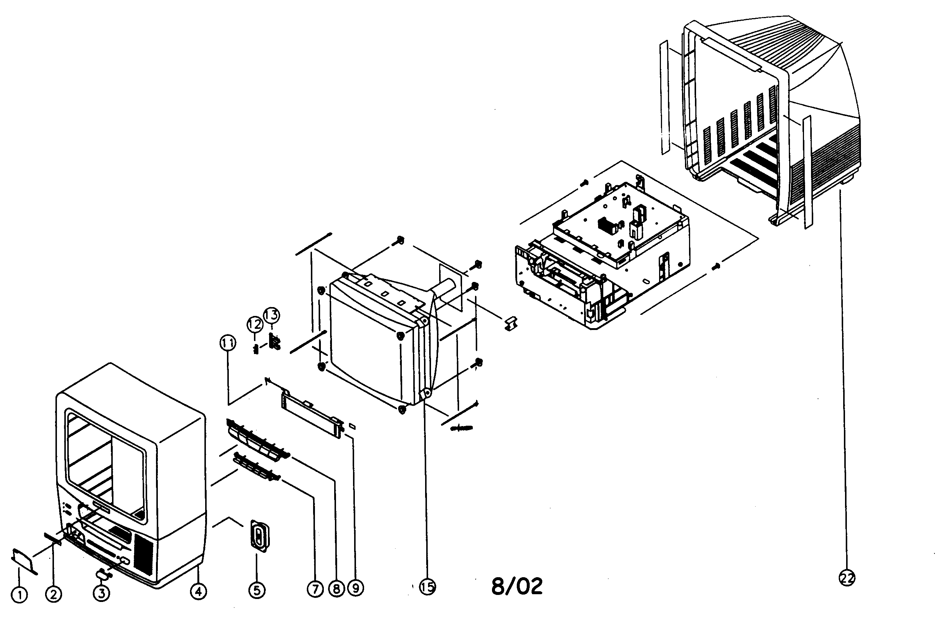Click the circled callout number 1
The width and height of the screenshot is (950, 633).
(18, 595)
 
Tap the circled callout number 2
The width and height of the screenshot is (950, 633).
(53, 594)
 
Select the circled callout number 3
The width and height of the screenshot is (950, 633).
(101, 593)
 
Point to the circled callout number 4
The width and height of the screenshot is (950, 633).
(198, 591)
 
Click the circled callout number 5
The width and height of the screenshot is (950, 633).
(257, 591)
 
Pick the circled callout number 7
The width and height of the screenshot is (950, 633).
(315, 589)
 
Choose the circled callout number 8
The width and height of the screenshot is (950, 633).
(336, 589)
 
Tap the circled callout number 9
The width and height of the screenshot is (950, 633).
(356, 588)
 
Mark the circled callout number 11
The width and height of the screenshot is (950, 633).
(228, 343)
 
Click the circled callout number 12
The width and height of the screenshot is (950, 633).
(255, 324)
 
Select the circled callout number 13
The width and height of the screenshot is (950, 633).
(272, 315)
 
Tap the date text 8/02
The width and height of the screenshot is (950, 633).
(517, 586)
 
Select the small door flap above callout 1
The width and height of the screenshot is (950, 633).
(23, 559)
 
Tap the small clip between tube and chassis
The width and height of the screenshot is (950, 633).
(512, 323)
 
